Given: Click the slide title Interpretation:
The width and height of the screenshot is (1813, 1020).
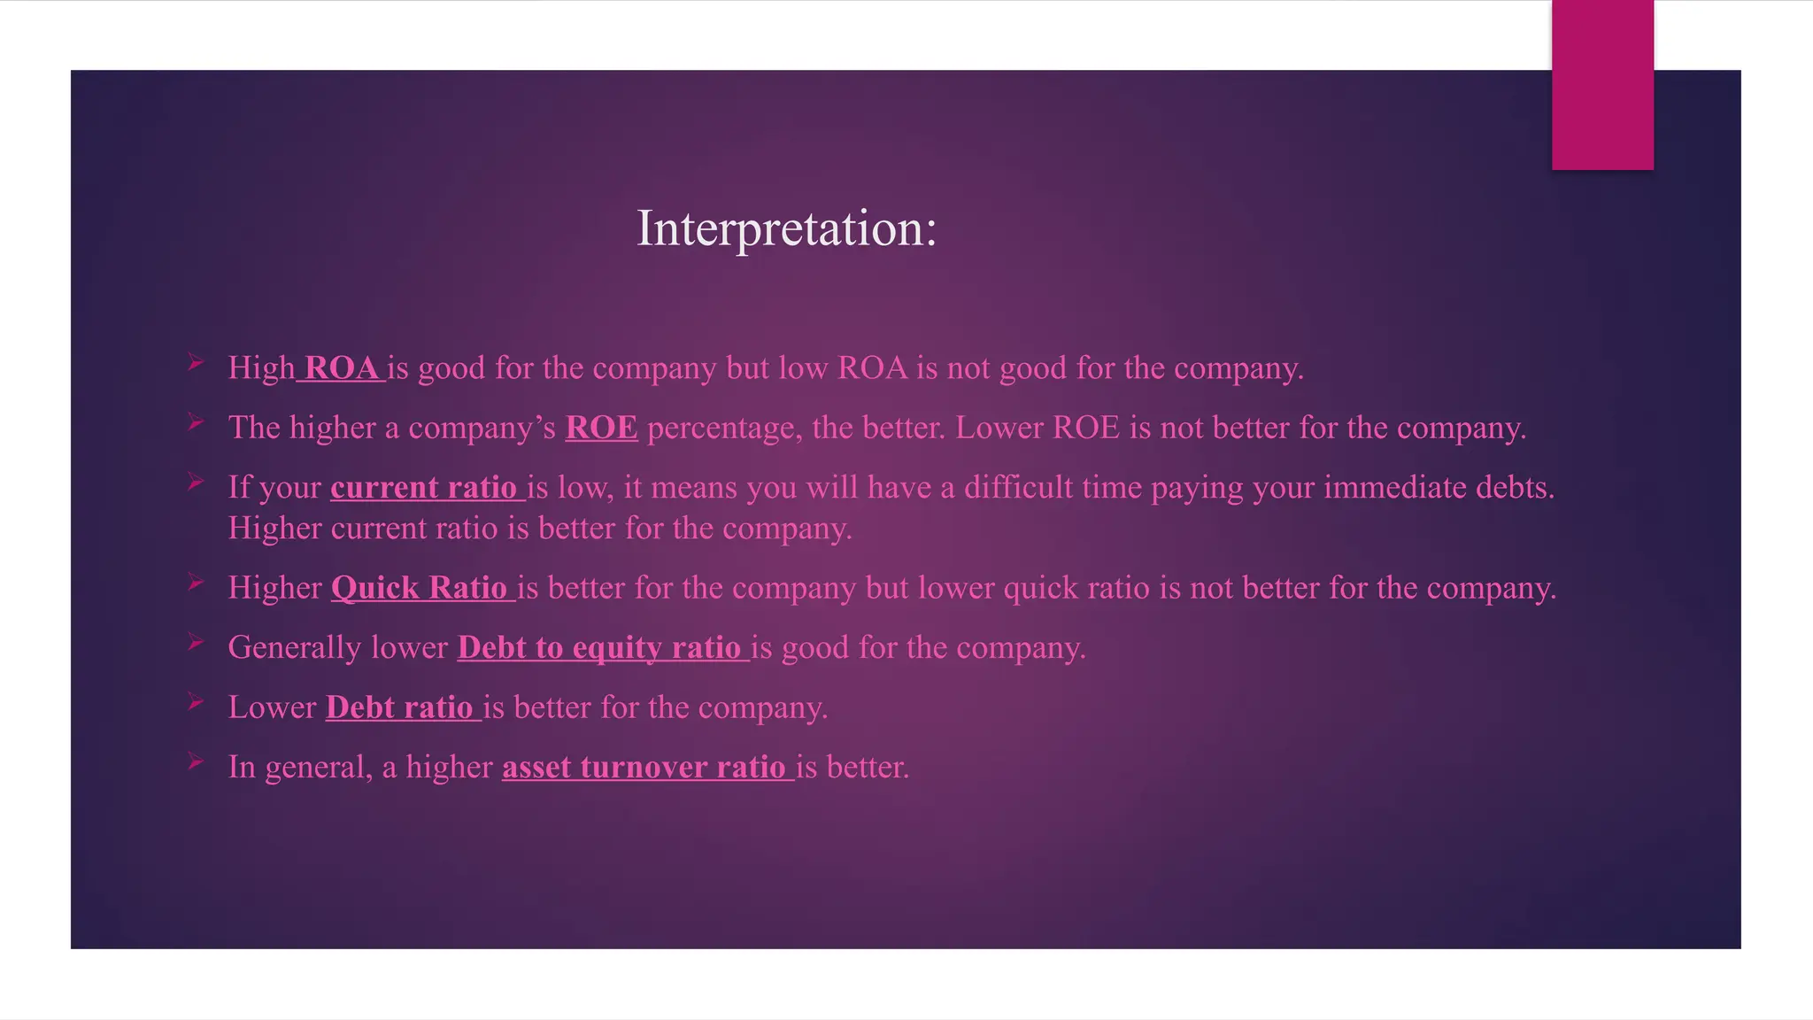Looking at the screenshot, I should tap(786, 228).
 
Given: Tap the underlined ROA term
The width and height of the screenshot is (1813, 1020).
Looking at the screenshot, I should tap(341, 368).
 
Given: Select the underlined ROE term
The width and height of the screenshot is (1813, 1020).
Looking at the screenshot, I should tap(601, 428).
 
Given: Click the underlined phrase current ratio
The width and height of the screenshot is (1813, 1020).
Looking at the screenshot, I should tap(424, 488).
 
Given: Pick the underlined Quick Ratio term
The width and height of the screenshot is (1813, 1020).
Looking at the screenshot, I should tap(420, 588).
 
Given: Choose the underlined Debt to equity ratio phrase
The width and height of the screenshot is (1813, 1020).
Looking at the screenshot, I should tap(599, 647).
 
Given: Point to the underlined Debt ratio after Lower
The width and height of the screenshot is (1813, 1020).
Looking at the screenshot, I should tap(400, 707).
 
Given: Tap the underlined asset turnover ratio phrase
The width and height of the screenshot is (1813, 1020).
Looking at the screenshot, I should tap(644, 767).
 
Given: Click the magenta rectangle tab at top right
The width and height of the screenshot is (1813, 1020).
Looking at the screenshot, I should tap(1602, 84).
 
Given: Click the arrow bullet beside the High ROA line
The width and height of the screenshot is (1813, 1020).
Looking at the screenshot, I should tap(197, 362).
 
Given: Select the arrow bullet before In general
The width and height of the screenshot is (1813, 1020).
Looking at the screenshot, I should tap(197, 761).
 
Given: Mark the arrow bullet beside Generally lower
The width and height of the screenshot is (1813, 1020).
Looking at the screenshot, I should tap(197, 642).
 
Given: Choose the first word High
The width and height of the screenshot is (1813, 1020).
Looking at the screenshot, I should tap(261, 368).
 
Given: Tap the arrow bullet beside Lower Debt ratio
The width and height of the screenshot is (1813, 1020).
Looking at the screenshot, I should tap(197, 702).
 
